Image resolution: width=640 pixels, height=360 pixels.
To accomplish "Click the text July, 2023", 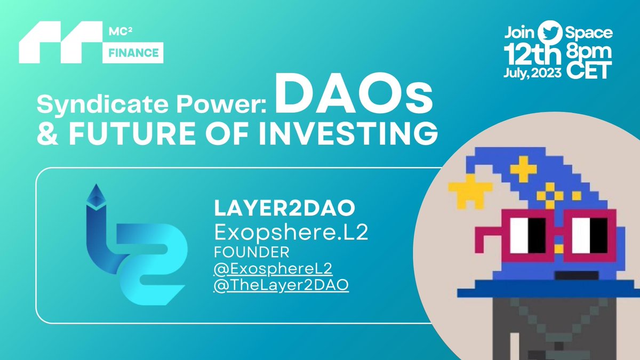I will click(x=532, y=74).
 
